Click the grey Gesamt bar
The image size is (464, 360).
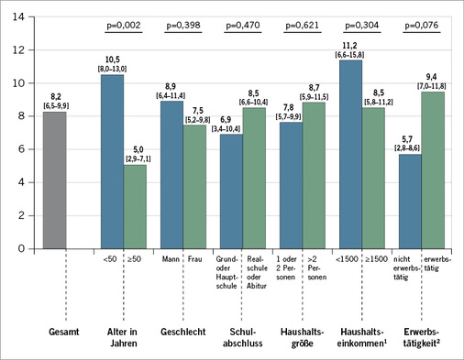(x=54, y=180)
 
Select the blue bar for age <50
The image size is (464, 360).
(x=112, y=161)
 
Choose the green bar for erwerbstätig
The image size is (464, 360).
(x=433, y=170)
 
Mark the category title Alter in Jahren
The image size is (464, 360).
(x=124, y=329)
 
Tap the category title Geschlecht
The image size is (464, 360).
(x=183, y=329)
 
